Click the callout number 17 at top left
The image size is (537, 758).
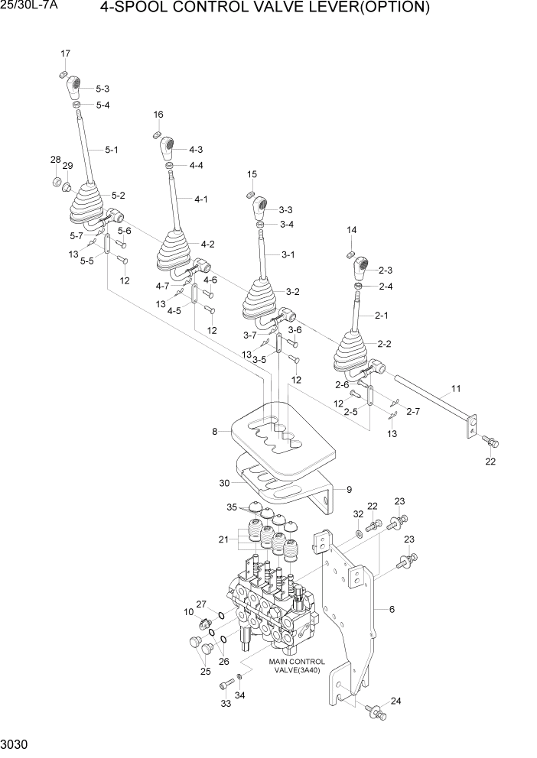pos(65,53)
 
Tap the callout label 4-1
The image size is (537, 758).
pos(201,199)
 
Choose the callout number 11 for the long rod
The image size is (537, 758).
pos(455,389)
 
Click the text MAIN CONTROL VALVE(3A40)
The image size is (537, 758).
pos(296,666)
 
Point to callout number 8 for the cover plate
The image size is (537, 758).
pos(215,432)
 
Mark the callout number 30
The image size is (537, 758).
pos(224,483)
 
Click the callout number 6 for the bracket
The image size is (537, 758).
pos(392,609)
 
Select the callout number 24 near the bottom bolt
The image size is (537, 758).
pos(395,700)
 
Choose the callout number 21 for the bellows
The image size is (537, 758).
pos(223,539)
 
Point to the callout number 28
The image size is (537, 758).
pos(55,160)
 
